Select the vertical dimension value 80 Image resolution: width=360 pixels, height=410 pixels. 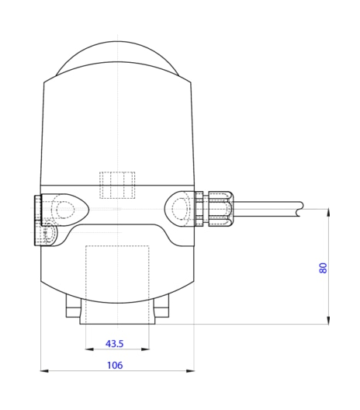click(323, 267)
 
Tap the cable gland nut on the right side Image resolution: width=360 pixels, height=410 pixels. click(220, 210)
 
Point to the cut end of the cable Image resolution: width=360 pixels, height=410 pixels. click(300, 209)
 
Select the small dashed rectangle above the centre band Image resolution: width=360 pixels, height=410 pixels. click(117, 185)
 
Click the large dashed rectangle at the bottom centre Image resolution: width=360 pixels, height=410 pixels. click(116, 284)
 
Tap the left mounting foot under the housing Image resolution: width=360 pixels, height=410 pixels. click(72, 311)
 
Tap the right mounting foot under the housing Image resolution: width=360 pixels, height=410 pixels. click(161, 311)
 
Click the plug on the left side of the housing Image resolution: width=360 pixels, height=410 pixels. click(37, 220)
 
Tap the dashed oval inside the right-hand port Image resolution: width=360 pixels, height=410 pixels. click(181, 209)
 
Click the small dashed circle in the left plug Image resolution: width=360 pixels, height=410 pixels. click(49, 232)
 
